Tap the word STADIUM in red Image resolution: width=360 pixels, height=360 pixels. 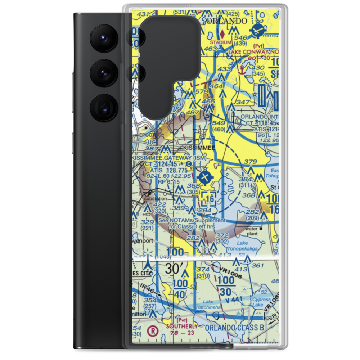[220, 42]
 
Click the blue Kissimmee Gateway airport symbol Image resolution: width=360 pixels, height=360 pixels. [205, 177]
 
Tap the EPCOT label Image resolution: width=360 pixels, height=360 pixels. [147, 135]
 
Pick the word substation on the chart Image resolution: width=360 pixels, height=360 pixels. [156, 198]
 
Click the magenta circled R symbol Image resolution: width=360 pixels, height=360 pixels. [153, 330]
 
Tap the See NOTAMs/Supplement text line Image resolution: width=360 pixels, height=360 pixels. [192, 220]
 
